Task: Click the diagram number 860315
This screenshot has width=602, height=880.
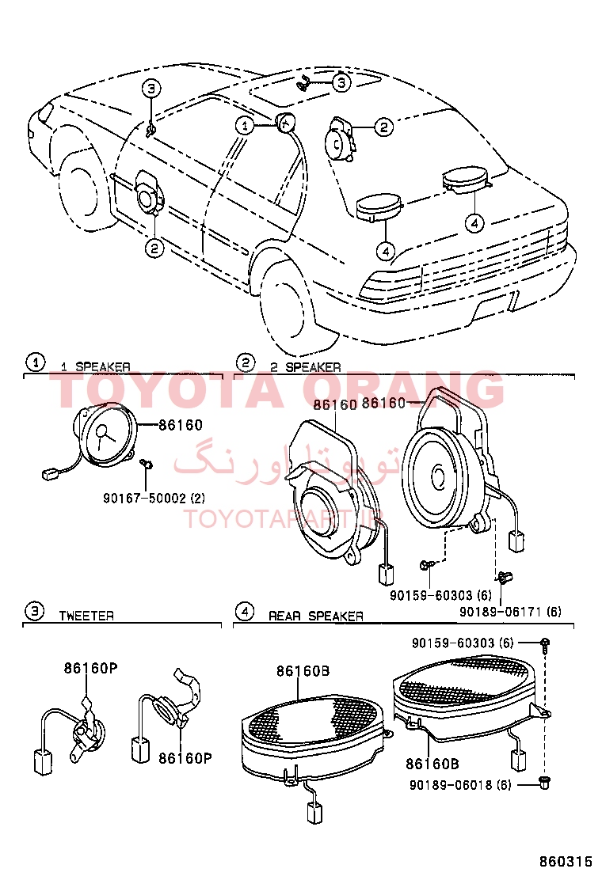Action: [x=566, y=860]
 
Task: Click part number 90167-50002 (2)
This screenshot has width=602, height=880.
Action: [x=154, y=499]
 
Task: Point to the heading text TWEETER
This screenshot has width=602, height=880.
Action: [x=86, y=615]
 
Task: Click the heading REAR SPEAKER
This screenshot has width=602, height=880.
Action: [x=315, y=615]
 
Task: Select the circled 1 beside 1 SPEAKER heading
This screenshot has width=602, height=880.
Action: [x=34, y=362]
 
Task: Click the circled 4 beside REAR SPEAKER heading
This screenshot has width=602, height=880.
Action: [x=246, y=611]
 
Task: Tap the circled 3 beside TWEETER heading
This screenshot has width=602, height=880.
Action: [x=34, y=611]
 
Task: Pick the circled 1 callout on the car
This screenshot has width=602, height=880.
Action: [x=246, y=125]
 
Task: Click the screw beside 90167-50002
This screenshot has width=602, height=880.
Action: [x=146, y=463]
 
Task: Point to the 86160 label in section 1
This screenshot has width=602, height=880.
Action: [x=180, y=425]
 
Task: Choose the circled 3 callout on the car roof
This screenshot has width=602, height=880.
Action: [x=340, y=82]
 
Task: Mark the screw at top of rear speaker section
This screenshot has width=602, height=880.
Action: [x=546, y=642]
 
